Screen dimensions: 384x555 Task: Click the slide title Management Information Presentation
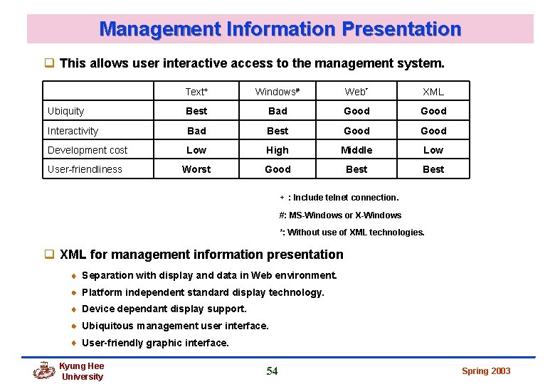pos(280,29)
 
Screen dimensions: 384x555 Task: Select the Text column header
pos(196,92)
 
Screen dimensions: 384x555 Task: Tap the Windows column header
pos(277,92)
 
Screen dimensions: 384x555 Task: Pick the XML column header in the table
pos(433,92)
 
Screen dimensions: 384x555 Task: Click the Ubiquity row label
pos(65,111)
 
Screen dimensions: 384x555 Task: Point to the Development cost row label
pos(88,150)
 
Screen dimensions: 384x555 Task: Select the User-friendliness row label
pos(85,169)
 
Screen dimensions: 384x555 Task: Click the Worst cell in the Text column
pos(196,169)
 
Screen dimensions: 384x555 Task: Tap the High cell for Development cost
pos(277,150)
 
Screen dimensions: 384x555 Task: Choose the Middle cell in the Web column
pos(356,150)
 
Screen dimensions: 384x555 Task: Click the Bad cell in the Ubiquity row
pos(277,111)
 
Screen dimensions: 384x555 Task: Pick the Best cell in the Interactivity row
pos(277,131)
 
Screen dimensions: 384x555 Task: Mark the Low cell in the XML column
pos(433,150)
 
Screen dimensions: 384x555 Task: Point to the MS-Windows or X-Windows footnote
pos(341,215)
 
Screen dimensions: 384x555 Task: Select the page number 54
pos(272,371)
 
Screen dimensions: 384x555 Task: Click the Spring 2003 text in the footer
pos(486,371)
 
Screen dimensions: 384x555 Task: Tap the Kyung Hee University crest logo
pos(44,370)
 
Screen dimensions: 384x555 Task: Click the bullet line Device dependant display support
pos(164,309)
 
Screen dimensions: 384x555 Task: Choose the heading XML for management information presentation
pos(201,255)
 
